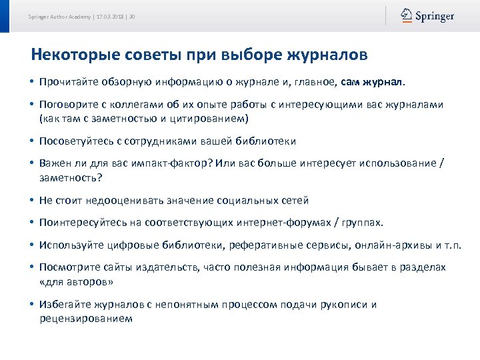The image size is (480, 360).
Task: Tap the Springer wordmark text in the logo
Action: pos(435,16)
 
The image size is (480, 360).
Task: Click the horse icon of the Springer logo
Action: pos(406,15)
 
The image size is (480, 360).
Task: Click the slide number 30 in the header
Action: pos(133,16)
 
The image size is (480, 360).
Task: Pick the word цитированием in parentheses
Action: pos(207,119)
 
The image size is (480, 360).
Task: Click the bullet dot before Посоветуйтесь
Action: pos(32,141)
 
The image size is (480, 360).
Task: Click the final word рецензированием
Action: pos(86,318)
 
